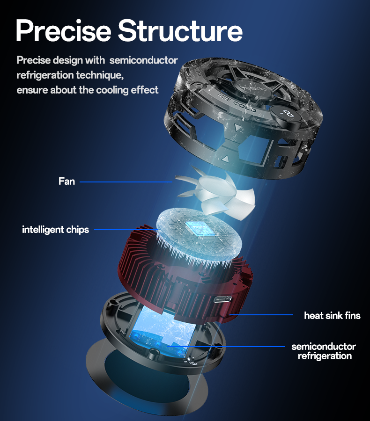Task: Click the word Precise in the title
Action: click(x=63, y=30)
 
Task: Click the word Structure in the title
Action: click(x=180, y=30)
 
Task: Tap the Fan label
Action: click(x=67, y=181)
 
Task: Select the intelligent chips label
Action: click(x=55, y=230)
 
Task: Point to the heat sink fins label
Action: click(x=332, y=315)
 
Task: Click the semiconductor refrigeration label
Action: click(x=324, y=351)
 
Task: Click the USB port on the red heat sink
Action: click(x=222, y=299)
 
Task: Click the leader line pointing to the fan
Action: click(x=126, y=182)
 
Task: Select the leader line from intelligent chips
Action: click(x=126, y=230)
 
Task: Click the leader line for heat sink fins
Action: click(x=261, y=315)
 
